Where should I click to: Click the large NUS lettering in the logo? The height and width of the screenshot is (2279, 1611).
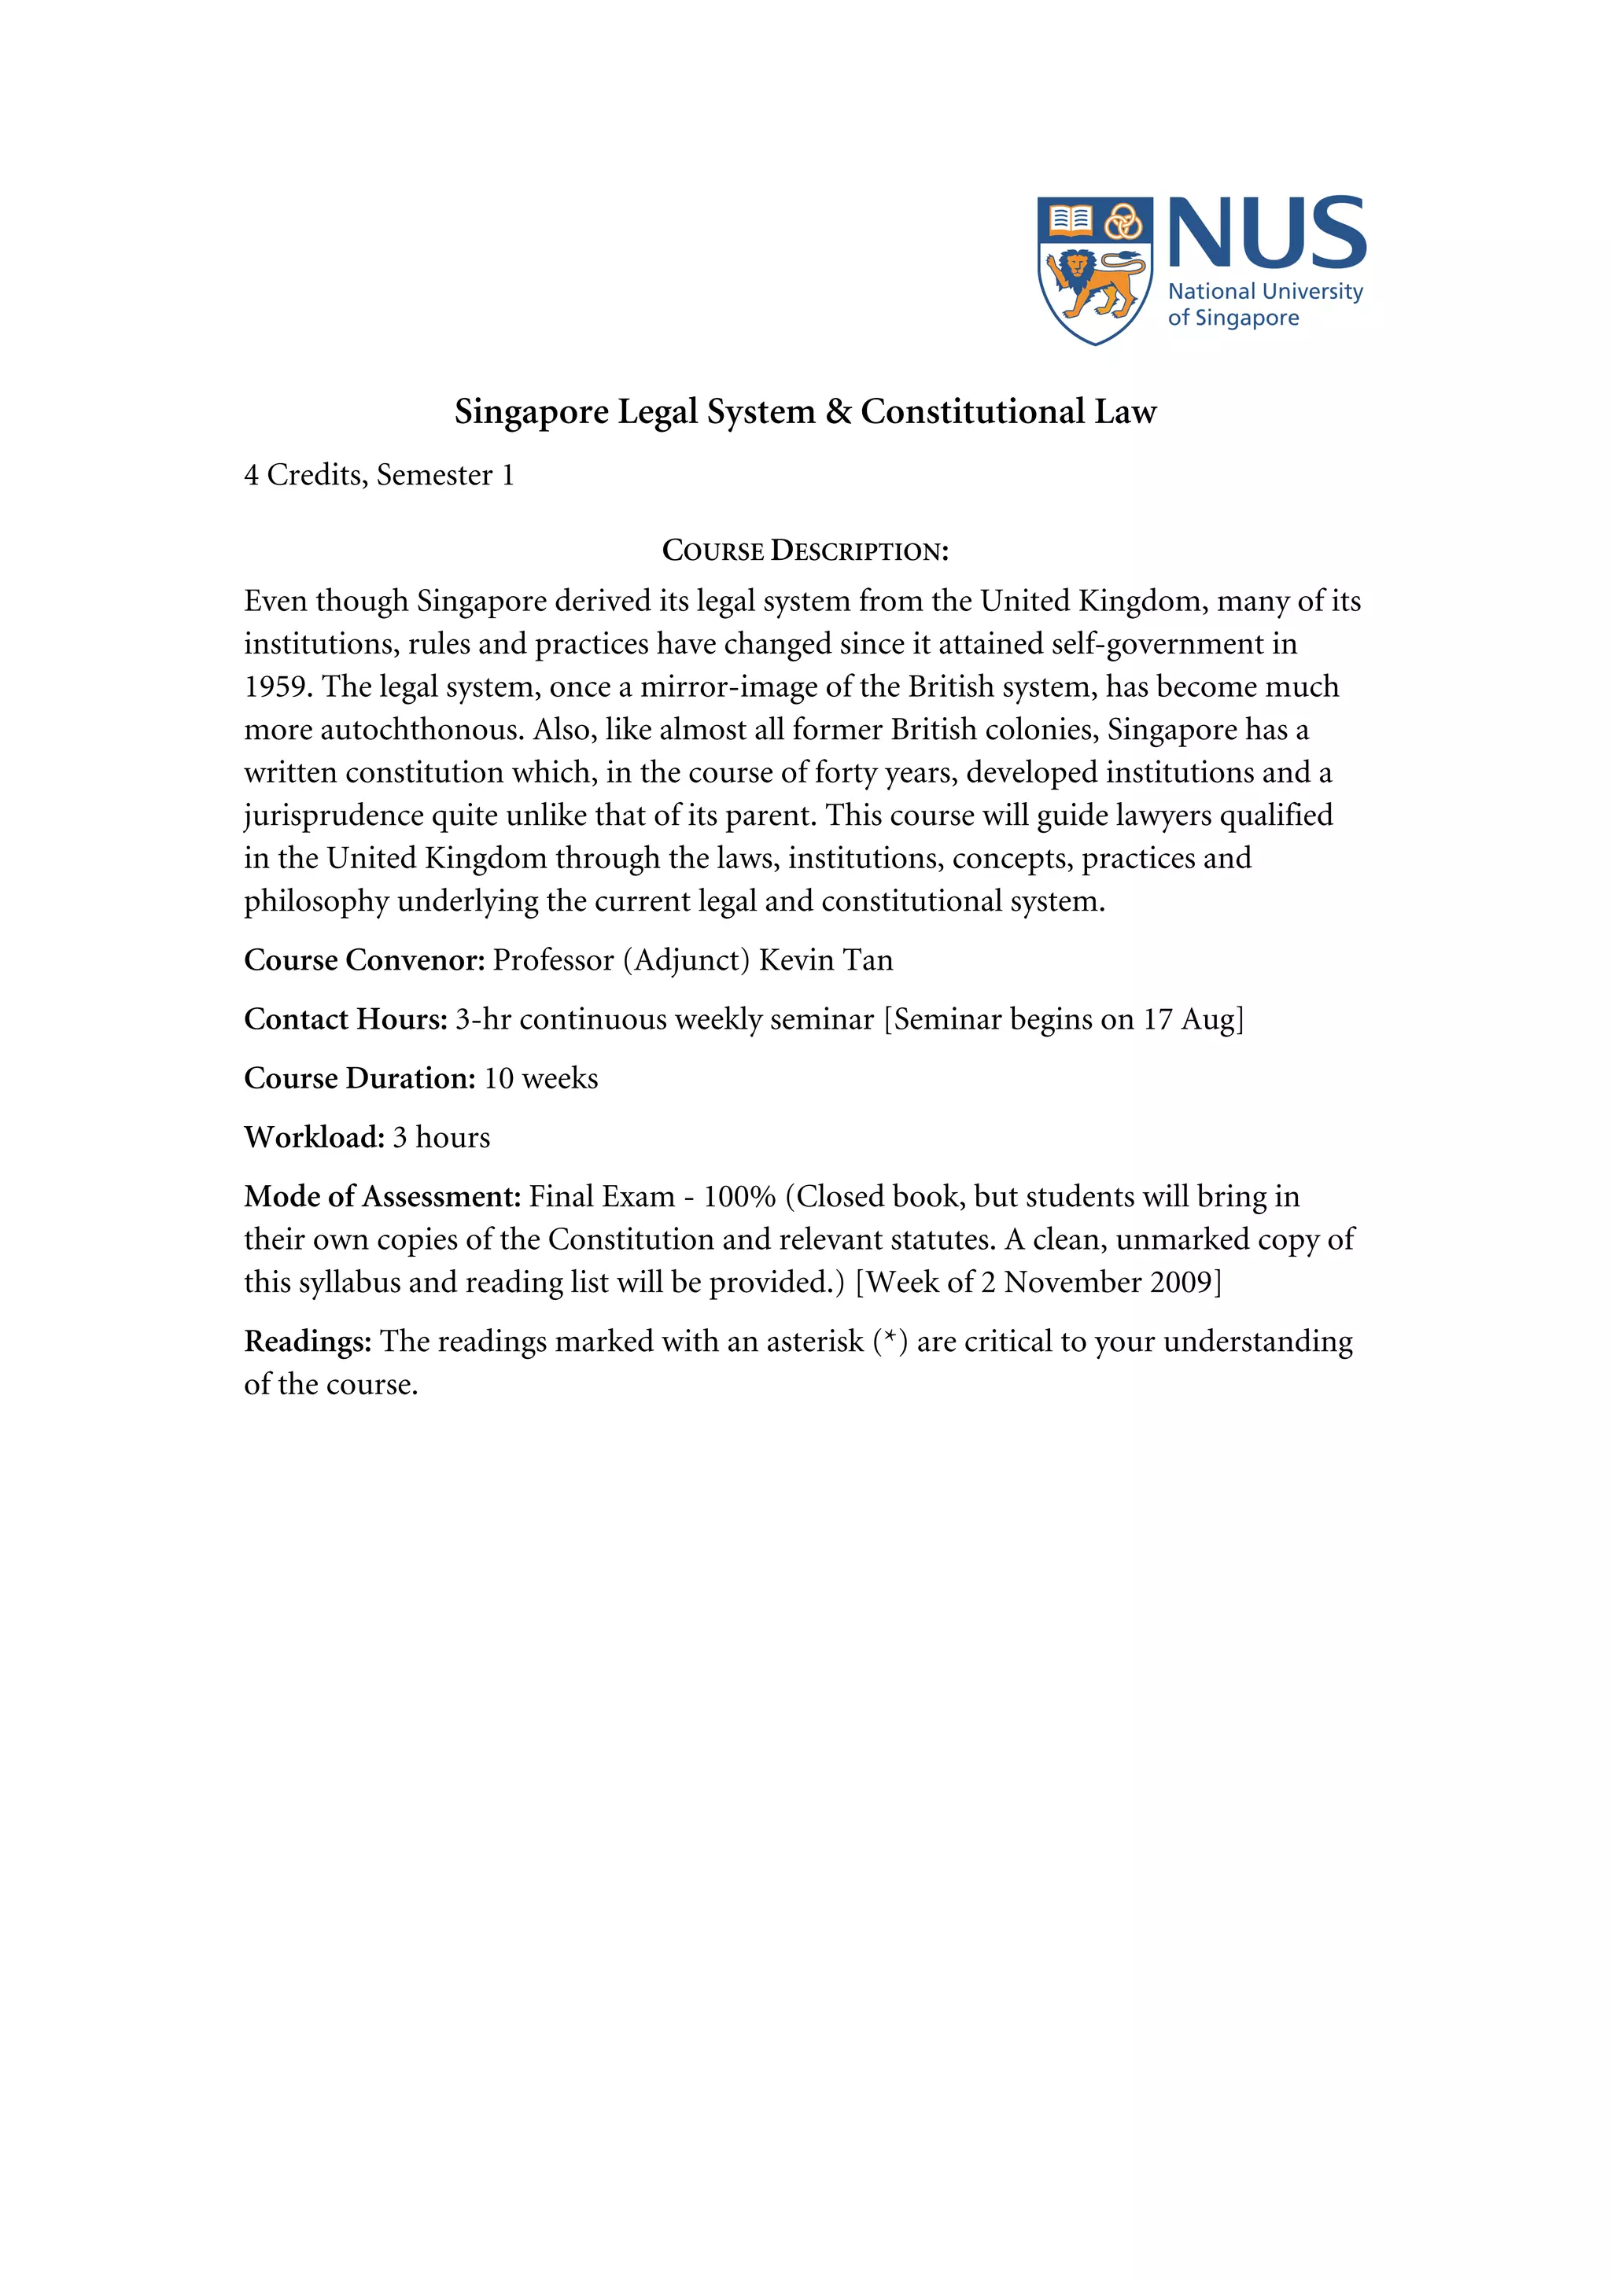click(1266, 234)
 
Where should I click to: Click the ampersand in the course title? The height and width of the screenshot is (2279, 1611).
click(838, 412)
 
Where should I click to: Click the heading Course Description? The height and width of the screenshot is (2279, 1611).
click(805, 551)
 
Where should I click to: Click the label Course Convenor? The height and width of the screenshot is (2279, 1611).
click(363, 960)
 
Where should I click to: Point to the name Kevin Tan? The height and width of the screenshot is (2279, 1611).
click(826, 960)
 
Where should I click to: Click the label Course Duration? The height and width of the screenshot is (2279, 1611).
click(359, 1078)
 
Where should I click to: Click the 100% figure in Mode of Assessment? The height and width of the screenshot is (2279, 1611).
click(739, 1197)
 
